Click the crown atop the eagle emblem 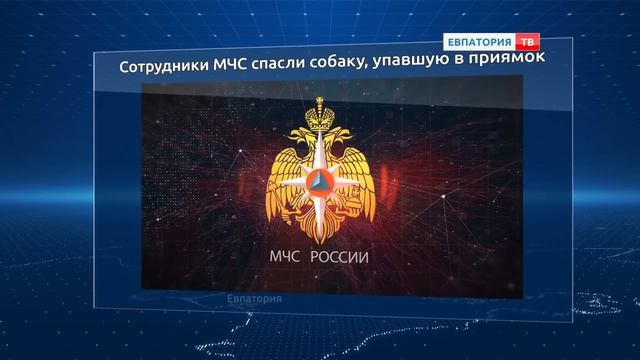pos(320,107)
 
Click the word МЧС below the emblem pos(287,257)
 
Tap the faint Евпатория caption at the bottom pos(254,299)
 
